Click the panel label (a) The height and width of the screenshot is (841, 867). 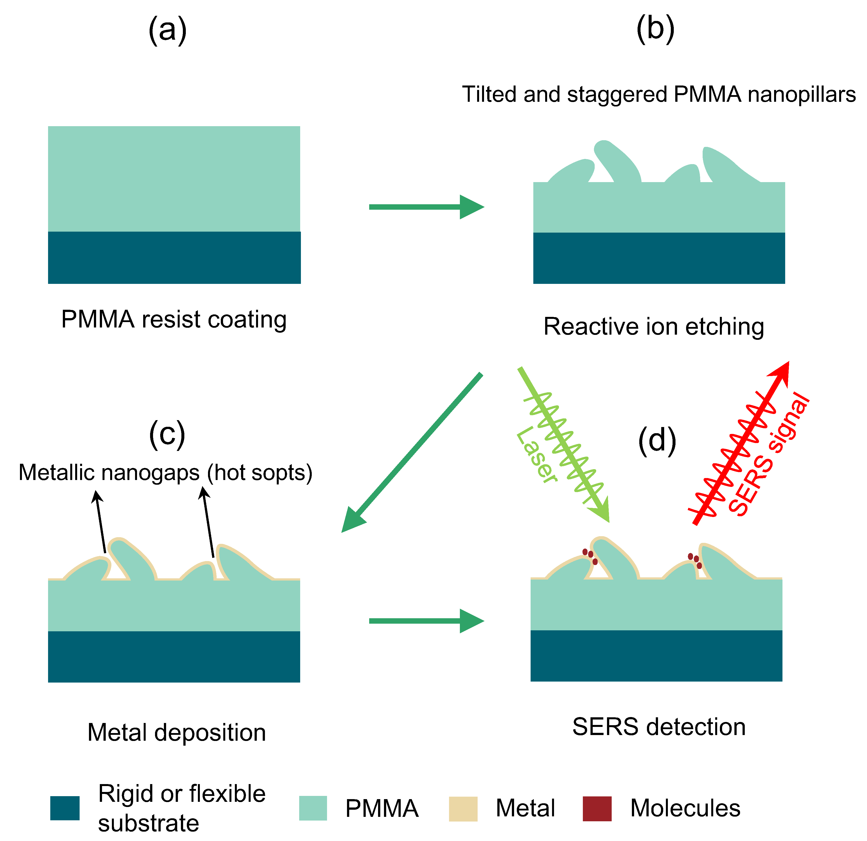[167, 30]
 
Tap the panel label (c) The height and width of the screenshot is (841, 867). [167, 435]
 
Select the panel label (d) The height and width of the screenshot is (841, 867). [657, 440]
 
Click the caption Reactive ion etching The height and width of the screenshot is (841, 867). [654, 327]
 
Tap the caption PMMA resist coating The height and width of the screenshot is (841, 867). [174, 319]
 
